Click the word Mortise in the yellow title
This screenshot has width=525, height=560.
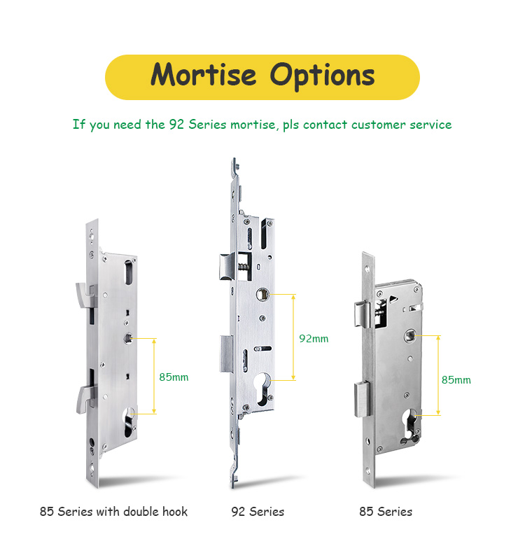tap(204, 74)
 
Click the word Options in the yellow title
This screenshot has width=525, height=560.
tap(322, 76)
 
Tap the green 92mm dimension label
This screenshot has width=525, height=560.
tap(314, 339)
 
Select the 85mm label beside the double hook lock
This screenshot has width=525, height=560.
tap(174, 377)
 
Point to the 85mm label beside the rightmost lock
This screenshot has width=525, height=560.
tap(456, 380)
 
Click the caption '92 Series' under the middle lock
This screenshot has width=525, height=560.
tap(258, 512)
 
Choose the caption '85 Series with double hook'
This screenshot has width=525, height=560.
tap(113, 512)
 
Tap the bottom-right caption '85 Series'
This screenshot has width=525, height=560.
tap(386, 512)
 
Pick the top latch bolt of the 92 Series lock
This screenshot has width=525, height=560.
tap(227, 267)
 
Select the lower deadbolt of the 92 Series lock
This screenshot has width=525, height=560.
tap(226, 354)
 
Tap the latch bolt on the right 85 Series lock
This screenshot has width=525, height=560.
tap(363, 314)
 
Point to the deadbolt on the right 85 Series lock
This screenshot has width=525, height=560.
tap(362, 399)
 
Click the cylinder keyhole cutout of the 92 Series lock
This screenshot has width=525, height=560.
tap(263, 389)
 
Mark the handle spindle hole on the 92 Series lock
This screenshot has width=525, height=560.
tap(262, 295)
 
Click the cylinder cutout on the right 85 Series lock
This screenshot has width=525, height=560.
tap(409, 424)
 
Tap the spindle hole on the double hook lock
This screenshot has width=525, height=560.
tap(128, 339)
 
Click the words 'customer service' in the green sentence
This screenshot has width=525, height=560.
tap(401, 125)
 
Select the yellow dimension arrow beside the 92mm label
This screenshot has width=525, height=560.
tap(293, 337)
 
